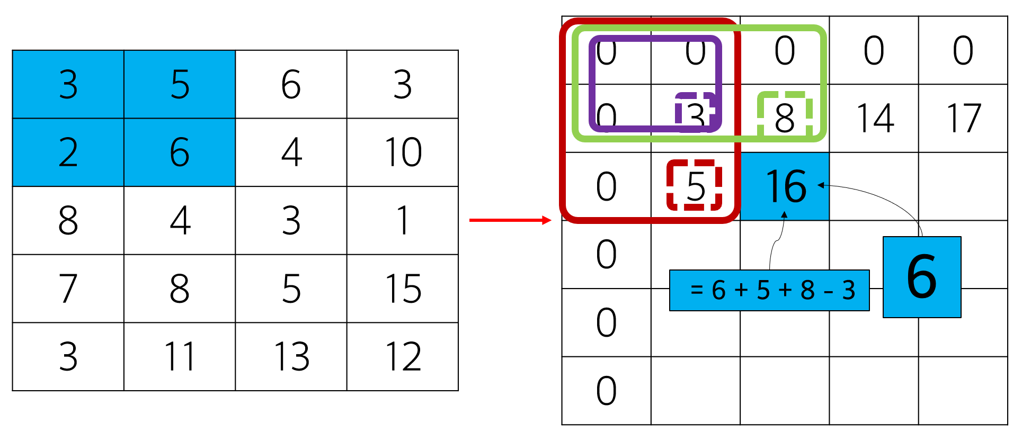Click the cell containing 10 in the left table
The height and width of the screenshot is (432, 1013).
coord(403,152)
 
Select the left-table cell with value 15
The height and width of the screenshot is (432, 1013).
coord(403,289)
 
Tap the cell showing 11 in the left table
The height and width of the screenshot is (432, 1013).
coord(180,356)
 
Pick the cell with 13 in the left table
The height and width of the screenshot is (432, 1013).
coord(291,356)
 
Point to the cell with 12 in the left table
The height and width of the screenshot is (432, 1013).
coord(403,356)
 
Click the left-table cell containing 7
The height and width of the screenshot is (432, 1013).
coord(68,289)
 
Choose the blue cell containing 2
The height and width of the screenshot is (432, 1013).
coord(68,152)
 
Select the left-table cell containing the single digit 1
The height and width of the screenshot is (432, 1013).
coord(403,220)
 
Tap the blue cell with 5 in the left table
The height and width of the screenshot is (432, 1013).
coord(180,84)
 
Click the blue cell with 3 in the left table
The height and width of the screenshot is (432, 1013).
coord(68,84)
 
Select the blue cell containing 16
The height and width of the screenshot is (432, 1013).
coord(785,186)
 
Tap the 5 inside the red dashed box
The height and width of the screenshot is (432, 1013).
coord(695,185)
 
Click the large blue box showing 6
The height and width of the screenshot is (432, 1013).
coord(922,277)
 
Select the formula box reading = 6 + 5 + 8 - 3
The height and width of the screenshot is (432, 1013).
coord(769,290)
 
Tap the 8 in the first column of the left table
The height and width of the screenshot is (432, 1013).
coord(68,220)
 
